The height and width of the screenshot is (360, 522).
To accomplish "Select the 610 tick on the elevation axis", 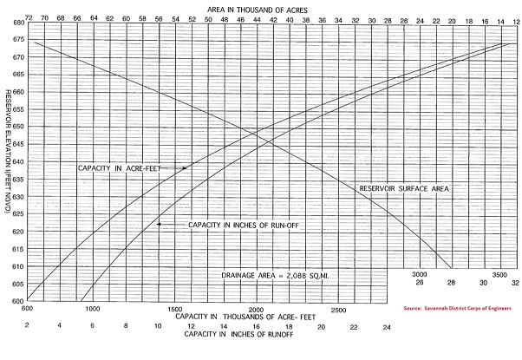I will (x=17, y=268).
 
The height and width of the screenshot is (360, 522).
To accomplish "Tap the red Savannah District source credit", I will (x=456, y=308).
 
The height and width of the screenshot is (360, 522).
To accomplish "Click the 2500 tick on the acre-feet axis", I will (x=337, y=309).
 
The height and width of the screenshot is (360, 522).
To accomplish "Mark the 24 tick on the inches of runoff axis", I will (x=387, y=326).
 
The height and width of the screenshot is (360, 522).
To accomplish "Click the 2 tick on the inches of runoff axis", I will (x=29, y=326).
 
